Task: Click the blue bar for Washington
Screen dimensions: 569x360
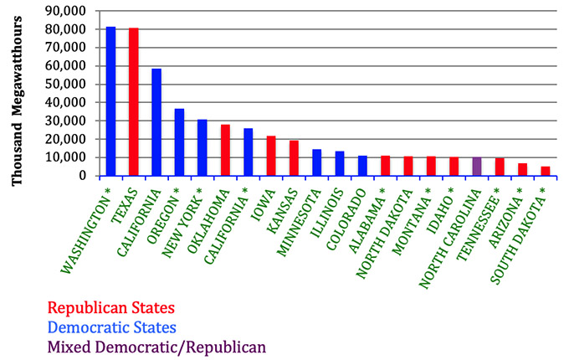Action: tap(110, 101)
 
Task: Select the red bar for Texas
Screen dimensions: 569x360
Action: tap(134, 102)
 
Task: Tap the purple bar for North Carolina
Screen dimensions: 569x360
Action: tap(477, 167)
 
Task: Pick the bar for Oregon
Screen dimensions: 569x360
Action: tap(179, 142)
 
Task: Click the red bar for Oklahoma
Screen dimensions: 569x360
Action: tap(225, 150)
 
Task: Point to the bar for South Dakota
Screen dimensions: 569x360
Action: tap(546, 172)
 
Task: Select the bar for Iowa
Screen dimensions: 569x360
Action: tap(271, 156)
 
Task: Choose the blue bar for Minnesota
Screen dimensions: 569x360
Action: tap(317, 162)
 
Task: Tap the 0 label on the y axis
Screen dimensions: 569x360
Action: tap(82, 176)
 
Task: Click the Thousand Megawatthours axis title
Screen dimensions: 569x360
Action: tap(17, 100)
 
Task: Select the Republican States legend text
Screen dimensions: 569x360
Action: tap(111, 308)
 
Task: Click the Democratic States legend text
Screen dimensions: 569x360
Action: tap(112, 327)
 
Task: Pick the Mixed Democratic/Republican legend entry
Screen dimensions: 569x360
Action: tap(156, 347)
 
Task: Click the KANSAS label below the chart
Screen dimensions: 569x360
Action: tap(282, 210)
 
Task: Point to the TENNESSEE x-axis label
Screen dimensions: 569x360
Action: tap(479, 224)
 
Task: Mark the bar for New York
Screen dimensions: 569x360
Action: tap(202, 147)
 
